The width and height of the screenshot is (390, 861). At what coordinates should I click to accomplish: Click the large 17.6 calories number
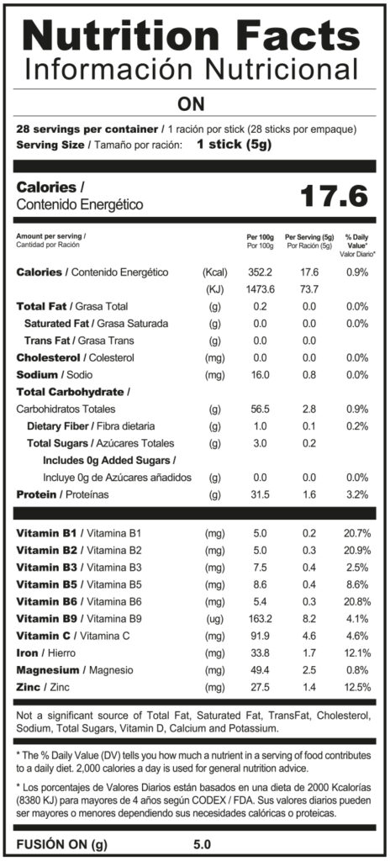334,196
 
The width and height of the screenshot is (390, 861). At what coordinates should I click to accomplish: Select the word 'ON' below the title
191,103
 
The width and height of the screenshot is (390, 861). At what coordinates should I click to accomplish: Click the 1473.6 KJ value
261,289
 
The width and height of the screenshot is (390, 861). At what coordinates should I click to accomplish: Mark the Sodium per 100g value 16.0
261,375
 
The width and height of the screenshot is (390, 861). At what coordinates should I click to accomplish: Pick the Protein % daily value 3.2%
357,494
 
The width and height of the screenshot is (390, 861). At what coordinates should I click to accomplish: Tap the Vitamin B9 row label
80,619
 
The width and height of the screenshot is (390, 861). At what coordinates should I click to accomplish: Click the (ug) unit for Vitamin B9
215,620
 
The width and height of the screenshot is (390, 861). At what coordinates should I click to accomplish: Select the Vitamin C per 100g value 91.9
261,636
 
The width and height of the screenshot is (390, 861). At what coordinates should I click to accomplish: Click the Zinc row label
44,687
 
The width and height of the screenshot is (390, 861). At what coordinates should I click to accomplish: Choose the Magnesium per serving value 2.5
310,670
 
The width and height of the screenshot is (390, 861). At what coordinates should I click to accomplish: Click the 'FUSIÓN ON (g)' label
61,844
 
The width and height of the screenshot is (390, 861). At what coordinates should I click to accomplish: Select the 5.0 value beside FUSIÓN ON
202,844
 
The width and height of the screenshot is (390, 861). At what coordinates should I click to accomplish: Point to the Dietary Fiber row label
91,426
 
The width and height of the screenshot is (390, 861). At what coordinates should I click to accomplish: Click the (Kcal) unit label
215,272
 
